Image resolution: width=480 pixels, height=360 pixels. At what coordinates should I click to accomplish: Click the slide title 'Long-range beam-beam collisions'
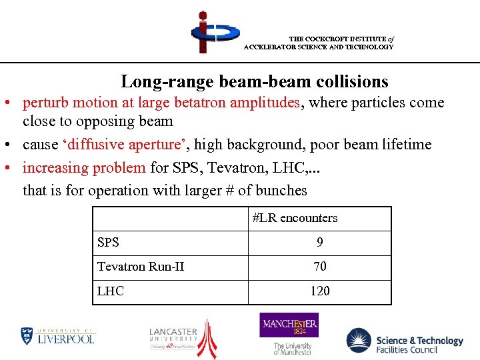click(x=254, y=81)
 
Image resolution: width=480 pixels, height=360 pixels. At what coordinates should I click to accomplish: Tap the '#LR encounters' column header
click(x=295, y=218)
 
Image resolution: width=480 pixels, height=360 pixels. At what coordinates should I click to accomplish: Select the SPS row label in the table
click(x=108, y=243)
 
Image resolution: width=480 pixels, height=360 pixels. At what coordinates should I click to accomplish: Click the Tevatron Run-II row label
click(x=141, y=267)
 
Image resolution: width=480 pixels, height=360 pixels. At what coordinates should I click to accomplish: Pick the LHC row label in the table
click(x=111, y=291)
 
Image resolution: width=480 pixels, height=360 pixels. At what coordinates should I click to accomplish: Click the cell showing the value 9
click(x=320, y=243)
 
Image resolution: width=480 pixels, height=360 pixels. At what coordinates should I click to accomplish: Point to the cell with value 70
click(x=320, y=267)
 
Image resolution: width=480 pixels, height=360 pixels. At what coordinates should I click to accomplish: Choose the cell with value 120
click(x=320, y=291)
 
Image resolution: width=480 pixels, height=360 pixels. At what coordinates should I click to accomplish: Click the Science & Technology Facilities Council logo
click(x=405, y=341)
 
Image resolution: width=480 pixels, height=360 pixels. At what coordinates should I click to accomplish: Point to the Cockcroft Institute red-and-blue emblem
click(x=208, y=31)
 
